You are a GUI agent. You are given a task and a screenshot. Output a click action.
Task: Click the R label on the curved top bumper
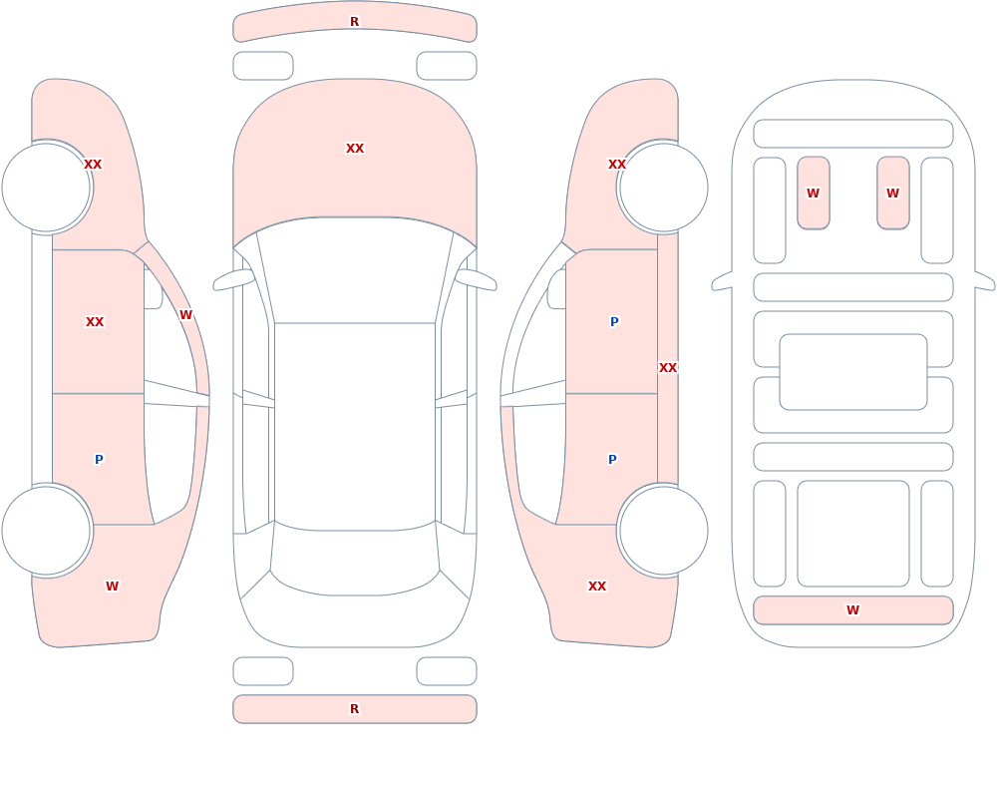pos(355,22)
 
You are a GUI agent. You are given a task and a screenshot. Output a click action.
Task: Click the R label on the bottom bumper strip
pos(355,709)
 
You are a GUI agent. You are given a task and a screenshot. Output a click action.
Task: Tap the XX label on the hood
pos(355,149)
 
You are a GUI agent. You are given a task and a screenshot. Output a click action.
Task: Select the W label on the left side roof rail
pos(185,315)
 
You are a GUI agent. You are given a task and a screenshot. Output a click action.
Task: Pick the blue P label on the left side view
pos(99,460)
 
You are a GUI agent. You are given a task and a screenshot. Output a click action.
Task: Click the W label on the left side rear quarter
pos(112,587)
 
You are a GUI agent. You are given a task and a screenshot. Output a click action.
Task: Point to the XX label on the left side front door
pos(95,322)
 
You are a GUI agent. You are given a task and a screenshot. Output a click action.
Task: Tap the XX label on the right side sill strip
pos(668,368)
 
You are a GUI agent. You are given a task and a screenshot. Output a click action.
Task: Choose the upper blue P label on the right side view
pos(614,322)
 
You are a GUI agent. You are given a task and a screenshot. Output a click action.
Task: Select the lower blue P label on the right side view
pos(612,460)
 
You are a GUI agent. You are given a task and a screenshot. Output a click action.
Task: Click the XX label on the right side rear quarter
pos(597,587)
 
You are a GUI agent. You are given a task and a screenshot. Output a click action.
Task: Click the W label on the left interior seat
pos(814,194)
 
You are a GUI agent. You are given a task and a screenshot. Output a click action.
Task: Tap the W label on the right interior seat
pos(892,194)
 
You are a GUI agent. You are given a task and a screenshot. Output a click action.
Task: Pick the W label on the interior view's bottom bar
pos(852,610)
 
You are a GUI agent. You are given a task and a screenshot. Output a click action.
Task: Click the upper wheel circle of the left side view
pos(47,188)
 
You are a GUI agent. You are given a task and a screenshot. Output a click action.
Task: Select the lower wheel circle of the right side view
pos(663,531)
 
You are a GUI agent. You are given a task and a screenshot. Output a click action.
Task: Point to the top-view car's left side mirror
pos(233,280)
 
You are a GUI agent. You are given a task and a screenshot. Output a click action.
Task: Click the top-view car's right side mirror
pos(476,280)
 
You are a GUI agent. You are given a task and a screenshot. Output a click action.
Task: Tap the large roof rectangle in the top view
pos(355,425)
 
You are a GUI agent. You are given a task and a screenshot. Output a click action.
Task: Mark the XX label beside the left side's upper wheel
pos(93,165)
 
